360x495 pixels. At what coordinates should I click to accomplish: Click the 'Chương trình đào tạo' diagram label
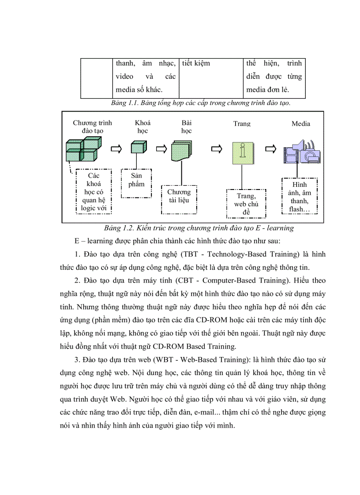pyautogui.click(x=92, y=127)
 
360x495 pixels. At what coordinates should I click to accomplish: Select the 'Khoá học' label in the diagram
pyautogui.click(x=142, y=127)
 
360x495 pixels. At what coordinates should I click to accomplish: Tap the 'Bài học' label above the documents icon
pyautogui.click(x=187, y=127)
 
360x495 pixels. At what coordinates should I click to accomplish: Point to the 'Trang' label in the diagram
pyautogui.click(x=242, y=124)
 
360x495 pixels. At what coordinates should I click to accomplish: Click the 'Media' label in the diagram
pyautogui.click(x=300, y=124)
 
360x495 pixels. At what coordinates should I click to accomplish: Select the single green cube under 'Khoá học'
pyautogui.click(x=138, y=148)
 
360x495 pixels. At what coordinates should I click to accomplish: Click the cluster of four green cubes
pyautogui.click(x=82, y=149)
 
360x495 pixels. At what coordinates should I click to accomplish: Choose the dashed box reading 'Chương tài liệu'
pyautogui.click(x=179, y=199)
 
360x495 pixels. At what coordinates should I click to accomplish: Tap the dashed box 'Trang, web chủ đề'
pyautogui.click(x=246, y=204)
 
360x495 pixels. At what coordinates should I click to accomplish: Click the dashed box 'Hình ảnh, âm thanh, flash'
pyautogui.click(x=299, y=196)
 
